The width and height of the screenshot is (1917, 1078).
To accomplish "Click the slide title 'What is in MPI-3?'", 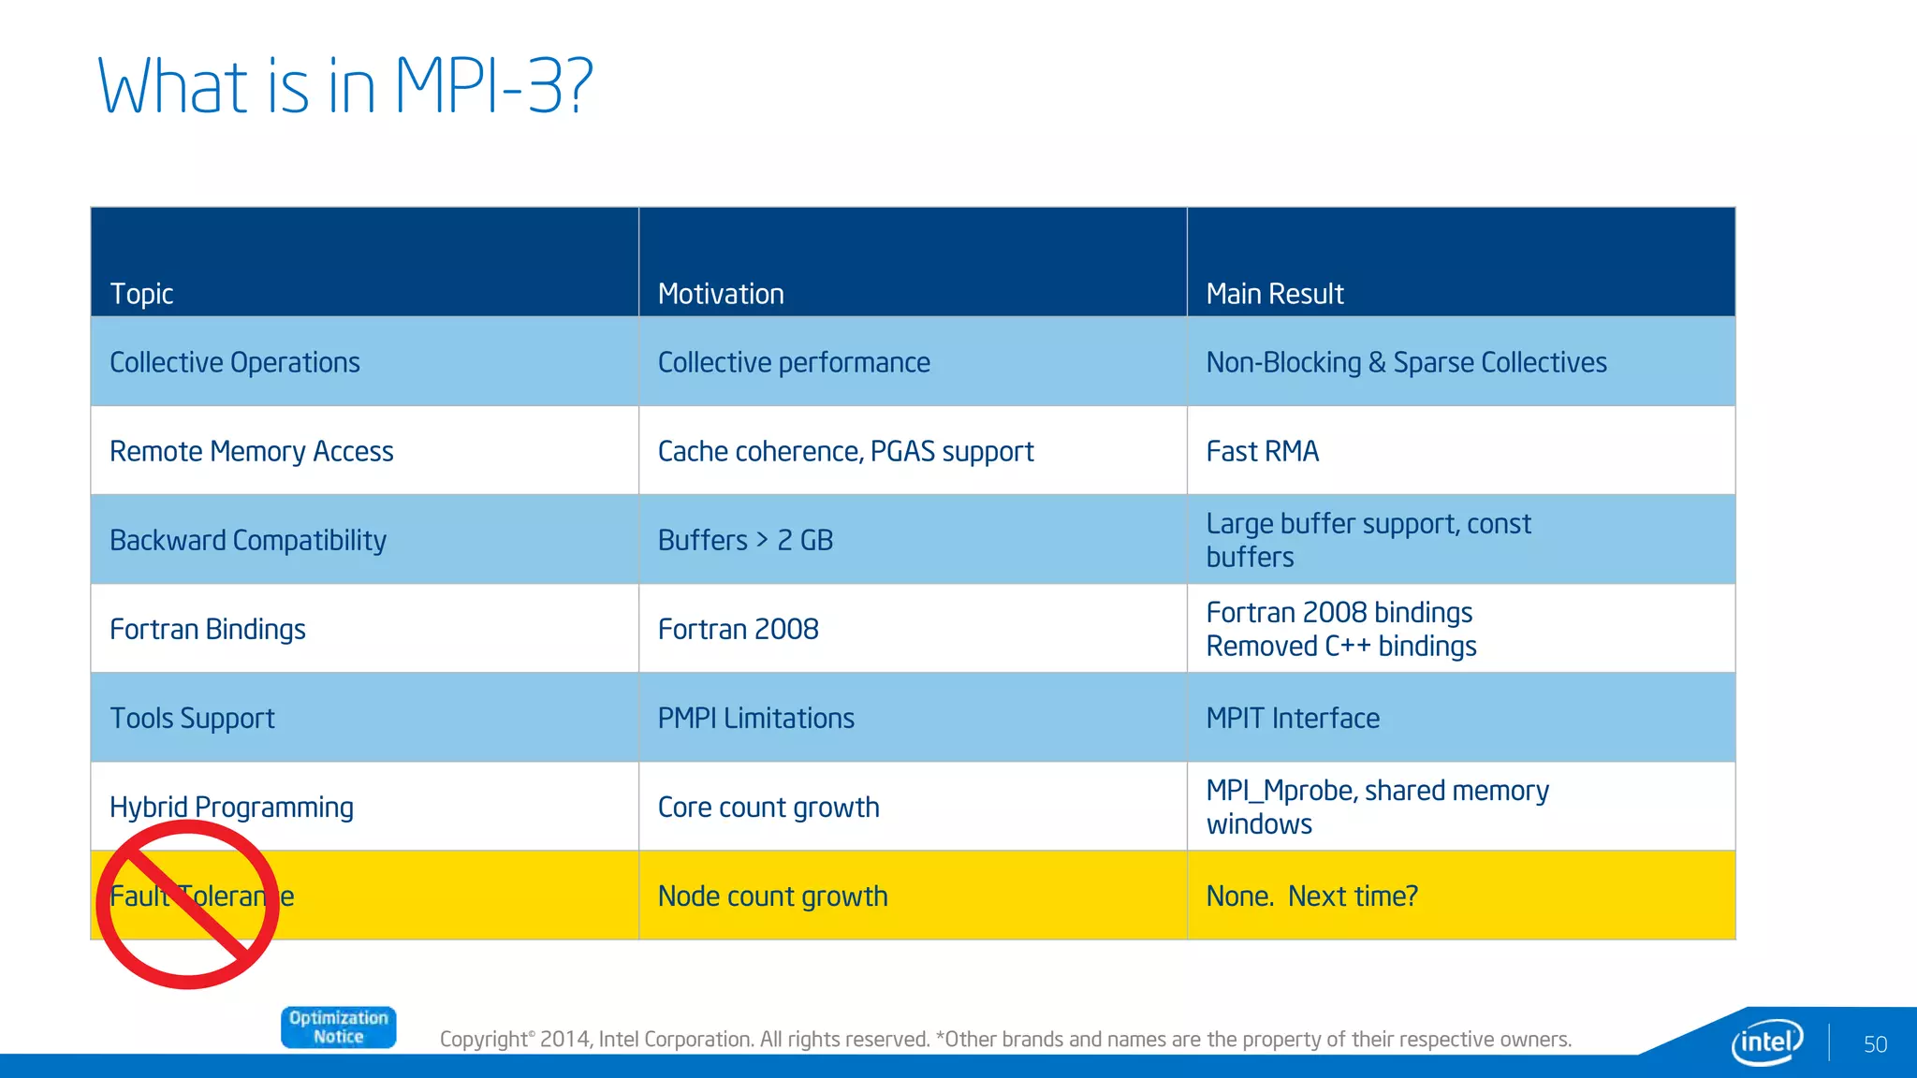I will click(344, 86).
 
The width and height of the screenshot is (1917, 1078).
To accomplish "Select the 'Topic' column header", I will click(142, 294).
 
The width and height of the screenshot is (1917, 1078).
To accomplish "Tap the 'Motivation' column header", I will click(721, 294).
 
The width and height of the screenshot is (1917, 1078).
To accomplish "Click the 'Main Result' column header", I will click(1274, 294).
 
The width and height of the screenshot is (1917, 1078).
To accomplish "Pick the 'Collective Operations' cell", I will click(235, 362).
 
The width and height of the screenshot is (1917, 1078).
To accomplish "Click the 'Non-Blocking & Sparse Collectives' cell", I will click(1406, 362).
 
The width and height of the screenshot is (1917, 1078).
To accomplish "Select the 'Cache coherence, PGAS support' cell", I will click(845, 451).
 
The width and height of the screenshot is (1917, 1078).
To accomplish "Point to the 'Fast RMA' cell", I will click(1262, 451).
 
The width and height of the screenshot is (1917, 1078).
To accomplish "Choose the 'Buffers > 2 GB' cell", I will click(745, 540).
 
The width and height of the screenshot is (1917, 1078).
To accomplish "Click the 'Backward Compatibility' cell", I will click(248, 540).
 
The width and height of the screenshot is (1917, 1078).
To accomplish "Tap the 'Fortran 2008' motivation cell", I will click(738, 629).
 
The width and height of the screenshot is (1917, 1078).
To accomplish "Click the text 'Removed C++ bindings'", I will click(1340, 647).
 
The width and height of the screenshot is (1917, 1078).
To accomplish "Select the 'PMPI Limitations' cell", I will click(755, 718).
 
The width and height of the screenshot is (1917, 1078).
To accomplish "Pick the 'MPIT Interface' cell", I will click(1292, 718).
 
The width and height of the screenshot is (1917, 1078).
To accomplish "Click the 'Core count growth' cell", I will click(768, 807).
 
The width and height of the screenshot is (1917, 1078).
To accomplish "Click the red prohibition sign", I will click(188, 905).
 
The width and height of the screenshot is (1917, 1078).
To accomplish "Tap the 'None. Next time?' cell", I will click(1311, 896).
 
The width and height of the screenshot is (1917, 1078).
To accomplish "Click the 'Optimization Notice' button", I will click(338, 1027).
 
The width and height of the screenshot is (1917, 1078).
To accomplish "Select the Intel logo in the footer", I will click(1766, 1042).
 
